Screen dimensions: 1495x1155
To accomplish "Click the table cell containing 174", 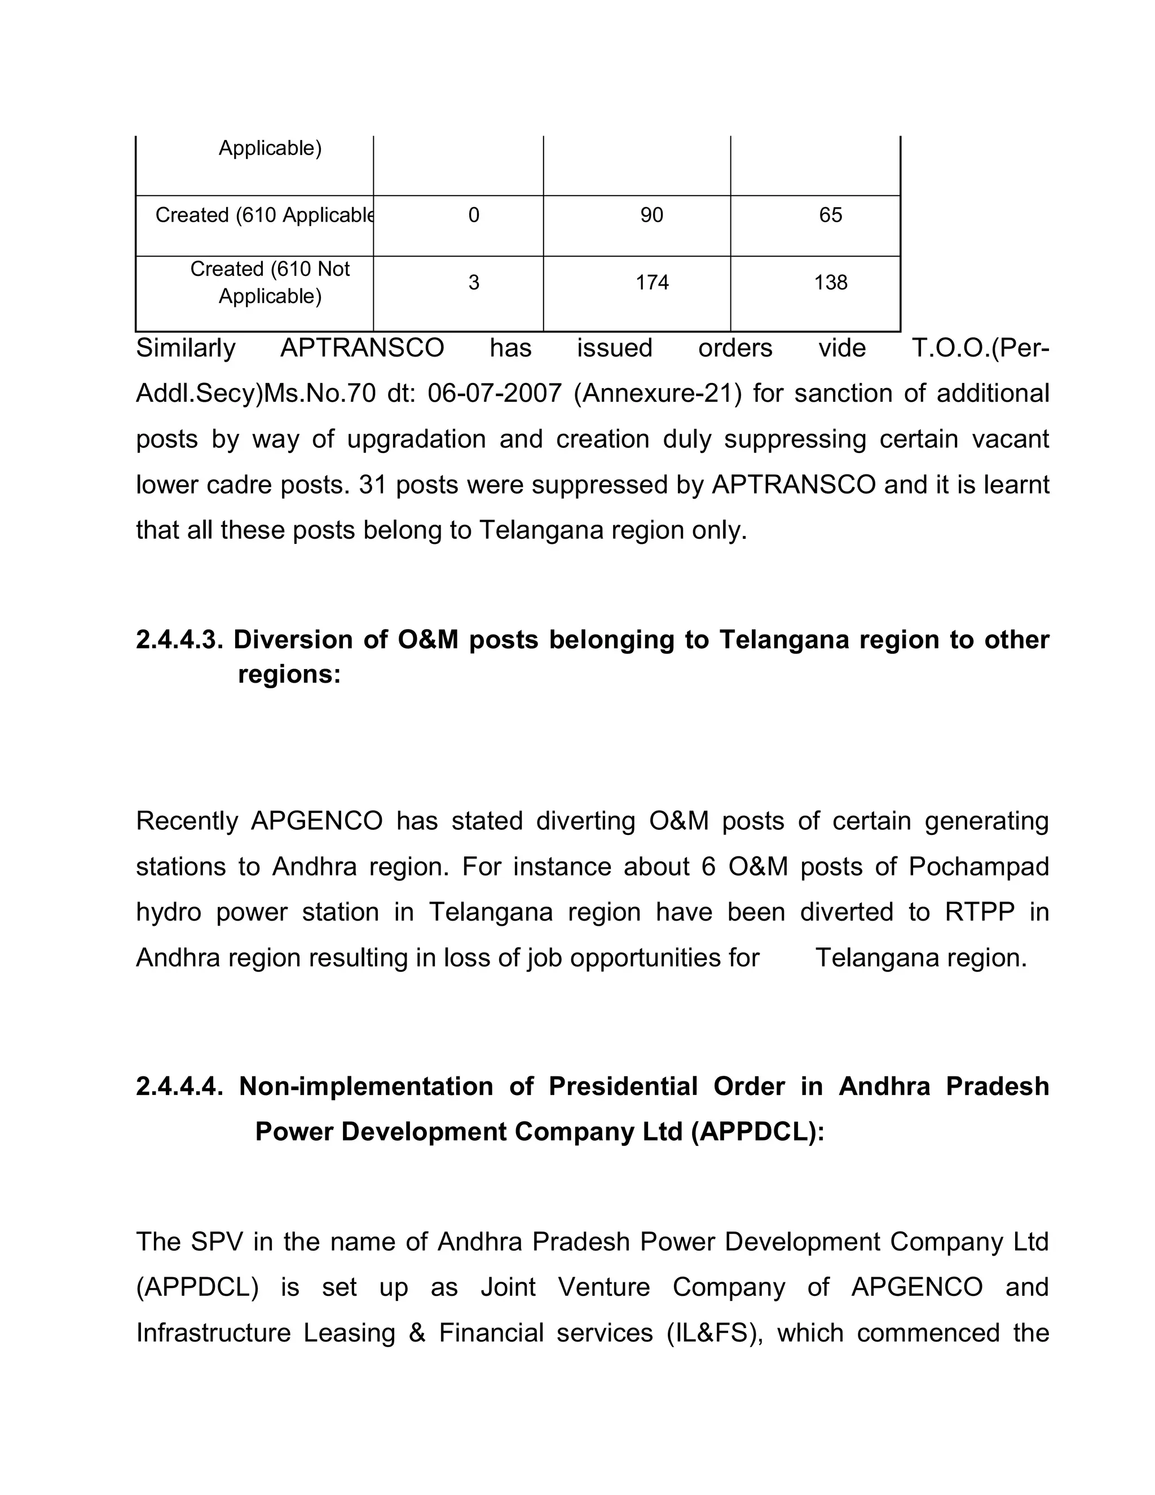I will pos(651,282).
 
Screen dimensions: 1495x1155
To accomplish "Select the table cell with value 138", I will pos(830,282).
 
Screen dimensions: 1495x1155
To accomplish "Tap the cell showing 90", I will pos(651,215).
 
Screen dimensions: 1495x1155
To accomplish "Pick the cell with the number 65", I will pos(830,215).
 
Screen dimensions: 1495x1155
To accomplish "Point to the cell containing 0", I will pos(474,215).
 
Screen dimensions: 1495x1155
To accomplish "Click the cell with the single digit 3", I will pos(474,282).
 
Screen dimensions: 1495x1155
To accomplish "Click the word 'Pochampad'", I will pos(978,867).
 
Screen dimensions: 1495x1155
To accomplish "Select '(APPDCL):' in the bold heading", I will pos(757,1132).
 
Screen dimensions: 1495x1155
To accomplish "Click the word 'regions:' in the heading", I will pos(289,674).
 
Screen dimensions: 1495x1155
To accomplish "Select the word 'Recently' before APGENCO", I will pos(187,821).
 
